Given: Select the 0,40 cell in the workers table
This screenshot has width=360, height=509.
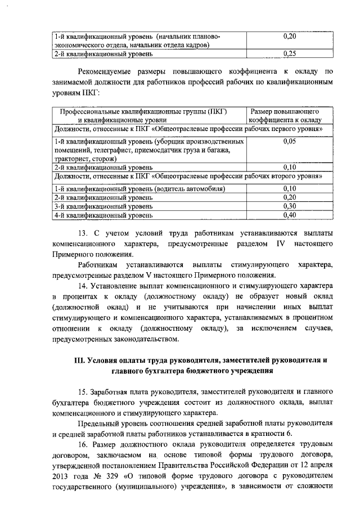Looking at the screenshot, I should click(290, 215).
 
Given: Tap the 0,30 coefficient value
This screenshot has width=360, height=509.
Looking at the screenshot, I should click(290, 206).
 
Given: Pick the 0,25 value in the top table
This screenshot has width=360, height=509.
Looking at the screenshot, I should click(290, 54).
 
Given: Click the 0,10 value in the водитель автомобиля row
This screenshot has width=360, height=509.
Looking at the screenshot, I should click(290, 188).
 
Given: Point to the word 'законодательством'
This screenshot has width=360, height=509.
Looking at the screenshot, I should click(146, 339).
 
